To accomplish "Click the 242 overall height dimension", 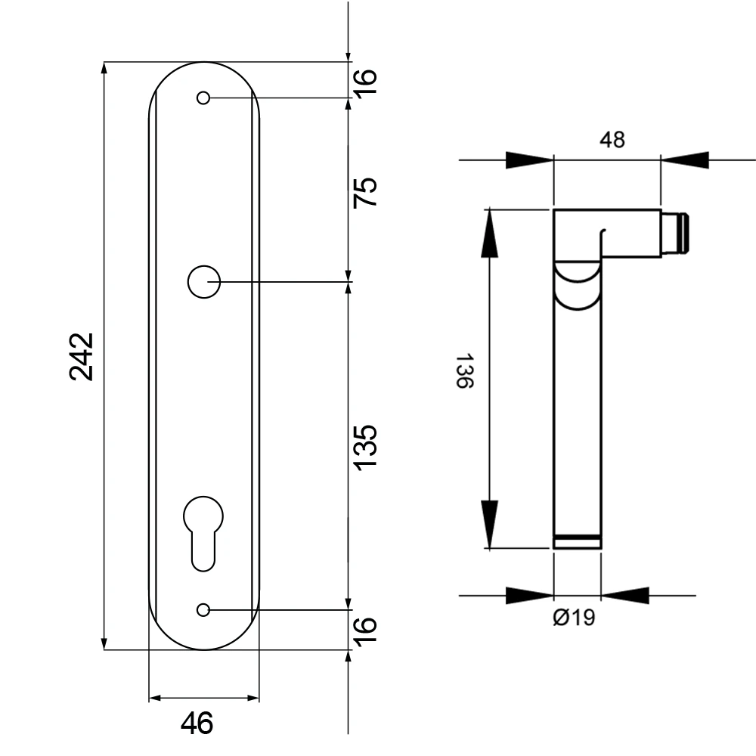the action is [x=81, y=357].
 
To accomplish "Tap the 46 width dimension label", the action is [x=197, y=723].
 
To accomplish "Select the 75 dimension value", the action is [x=365, y=192].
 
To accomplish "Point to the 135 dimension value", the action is [x=365, y=447].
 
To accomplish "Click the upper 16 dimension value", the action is [x=365, y=83].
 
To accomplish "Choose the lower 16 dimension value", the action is [x=365, y=631].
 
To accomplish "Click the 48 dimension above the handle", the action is [x=612, y=139].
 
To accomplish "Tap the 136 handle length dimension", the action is [x=465, y=370].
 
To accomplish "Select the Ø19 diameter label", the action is [x=574, y=617].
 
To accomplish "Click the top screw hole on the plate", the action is [x=203, y=98].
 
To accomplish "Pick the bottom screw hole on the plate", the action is [x=203, y=610].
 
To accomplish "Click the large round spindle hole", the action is [x=204, y=281].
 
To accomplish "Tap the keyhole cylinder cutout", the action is [x=203, y=533].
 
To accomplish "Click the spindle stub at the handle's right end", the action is [x=675, y=233].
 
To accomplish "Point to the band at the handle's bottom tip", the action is [x=577, y=541].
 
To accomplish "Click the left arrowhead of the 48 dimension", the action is [x=529, y=160].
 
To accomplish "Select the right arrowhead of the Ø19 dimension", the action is [x=625, y=596].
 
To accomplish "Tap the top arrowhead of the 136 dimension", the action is [x=489, y=233].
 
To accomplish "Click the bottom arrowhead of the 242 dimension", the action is [x=104, y=643].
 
